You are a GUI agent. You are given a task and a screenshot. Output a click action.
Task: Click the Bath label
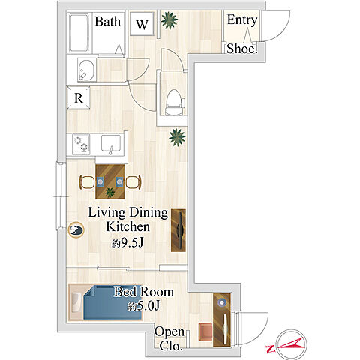pyautogui.click(x=107, y=22)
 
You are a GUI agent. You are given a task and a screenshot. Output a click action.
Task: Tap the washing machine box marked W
pyautogui.click(x=142, y=24)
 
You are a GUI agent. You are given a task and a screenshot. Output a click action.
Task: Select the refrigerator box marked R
pyautogui.click(x=79, y=97)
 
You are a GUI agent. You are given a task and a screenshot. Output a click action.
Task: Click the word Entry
pyautogui.click(x=242, y=20)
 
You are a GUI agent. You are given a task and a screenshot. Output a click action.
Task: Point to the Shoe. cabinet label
pyautogui.click(x=241, y=49)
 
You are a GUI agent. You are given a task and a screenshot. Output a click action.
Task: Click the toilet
pyautogui.click(x=174, y=103)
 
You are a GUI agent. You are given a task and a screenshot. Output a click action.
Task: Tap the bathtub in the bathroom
pyautogui.click(x=79, y=33)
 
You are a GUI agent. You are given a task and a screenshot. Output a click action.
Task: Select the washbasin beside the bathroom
pyautogui.click(x=86, y=70)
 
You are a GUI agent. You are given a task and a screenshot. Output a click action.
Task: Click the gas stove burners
pyautogui.click(x=81, y=144)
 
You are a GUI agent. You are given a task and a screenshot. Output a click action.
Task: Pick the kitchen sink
pyautogui.click(x=111, y=144)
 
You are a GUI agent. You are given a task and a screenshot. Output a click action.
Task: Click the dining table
pyautogui.click(x=110, y=181)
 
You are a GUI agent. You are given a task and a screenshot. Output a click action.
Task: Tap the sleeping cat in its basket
pyautogui.click(x=76, y=230)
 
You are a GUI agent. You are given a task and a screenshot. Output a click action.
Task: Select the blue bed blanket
pyautogui.click(x=112, y=303)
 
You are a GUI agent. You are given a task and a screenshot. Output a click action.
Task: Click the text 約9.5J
pyautogui.click(x=127, y=243)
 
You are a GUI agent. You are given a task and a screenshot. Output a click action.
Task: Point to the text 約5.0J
pyautogui.click(x=143, y=306)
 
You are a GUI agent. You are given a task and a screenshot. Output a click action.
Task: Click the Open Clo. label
pyautogui.click(x=169, y=339)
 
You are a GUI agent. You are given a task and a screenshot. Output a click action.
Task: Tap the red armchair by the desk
pyautogui.click(x=205, y=331)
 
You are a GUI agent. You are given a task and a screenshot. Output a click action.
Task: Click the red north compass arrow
pyautogui.click(x=286, y=344)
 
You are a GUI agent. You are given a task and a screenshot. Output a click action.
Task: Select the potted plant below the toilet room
pyautogui.click(x=177, y=137)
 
